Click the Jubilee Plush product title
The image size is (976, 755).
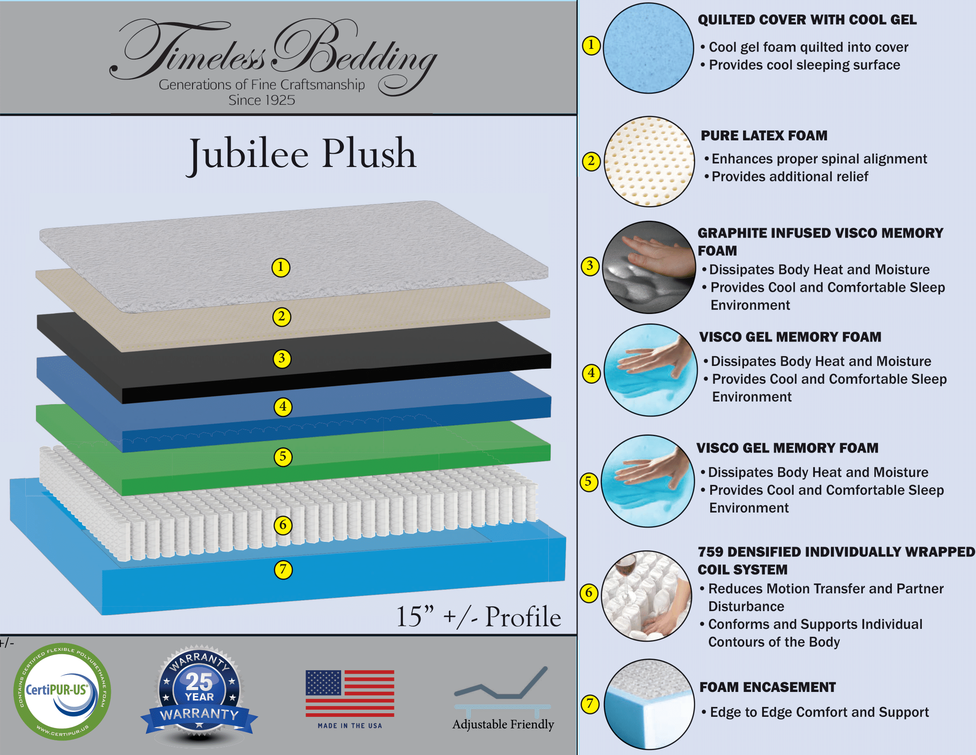[x=302, y=155]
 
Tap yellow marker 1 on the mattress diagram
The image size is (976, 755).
[x=281, y=267]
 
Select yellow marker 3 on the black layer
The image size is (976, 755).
[x=282, y=358]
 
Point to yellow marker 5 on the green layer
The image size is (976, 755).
[x=283, y=457]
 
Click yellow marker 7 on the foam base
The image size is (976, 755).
[x=283, y=569]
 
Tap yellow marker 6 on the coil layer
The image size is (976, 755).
[x=283, y=525]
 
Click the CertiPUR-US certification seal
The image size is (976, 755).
[x=62, y=691]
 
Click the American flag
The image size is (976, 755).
[x=350, y=693]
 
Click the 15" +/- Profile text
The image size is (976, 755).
[x=479, y=616]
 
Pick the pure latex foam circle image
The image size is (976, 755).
[x=649, y=162]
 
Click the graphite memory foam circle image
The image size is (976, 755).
[x=649, y=267]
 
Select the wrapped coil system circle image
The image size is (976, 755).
[x=647, y=596]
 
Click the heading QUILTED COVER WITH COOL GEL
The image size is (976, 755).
[x=807, y=20]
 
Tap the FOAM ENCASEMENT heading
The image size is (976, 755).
[x=767, y=687]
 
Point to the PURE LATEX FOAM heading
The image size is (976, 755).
[x=764, y=135]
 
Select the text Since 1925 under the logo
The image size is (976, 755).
[x=262, y=100]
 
